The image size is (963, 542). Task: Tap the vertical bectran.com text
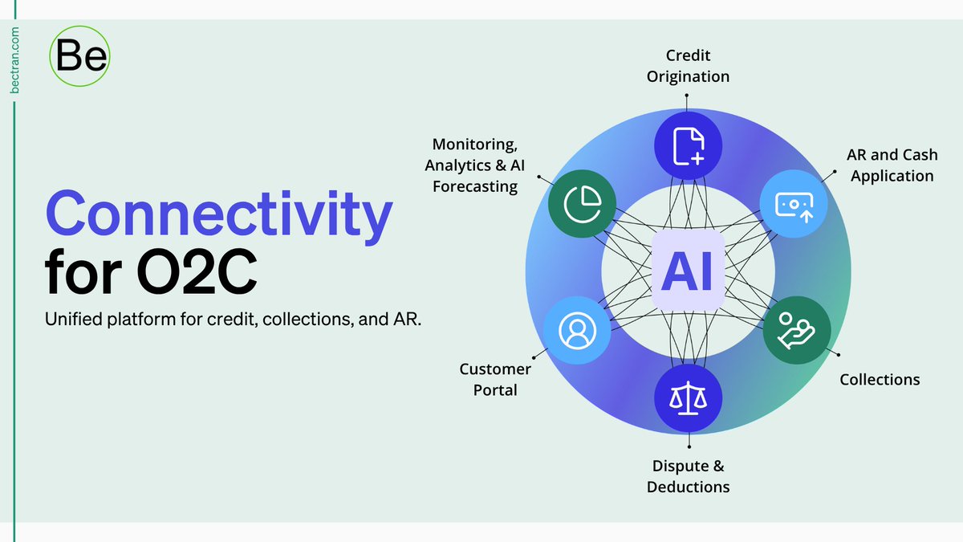tap(15, 61)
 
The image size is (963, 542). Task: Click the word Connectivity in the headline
tap(219, 214)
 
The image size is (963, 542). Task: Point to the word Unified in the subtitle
tap(73, 320)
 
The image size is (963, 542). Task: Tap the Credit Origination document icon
tap(689, 145)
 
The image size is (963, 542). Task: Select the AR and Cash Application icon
tap(794, 205)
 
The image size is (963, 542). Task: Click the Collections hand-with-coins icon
tap(795, 331)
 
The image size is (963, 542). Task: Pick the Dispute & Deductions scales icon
tap(689, 397)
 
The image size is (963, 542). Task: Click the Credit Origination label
tap(688, 67)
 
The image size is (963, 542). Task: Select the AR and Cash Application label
tap(892, 165)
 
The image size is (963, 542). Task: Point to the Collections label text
tap(880, 379)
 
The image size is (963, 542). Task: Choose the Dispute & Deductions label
tap(689, 476)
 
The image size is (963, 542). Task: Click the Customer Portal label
tap(495, 379)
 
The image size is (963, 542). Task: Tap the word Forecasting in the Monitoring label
tap(475, 186)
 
